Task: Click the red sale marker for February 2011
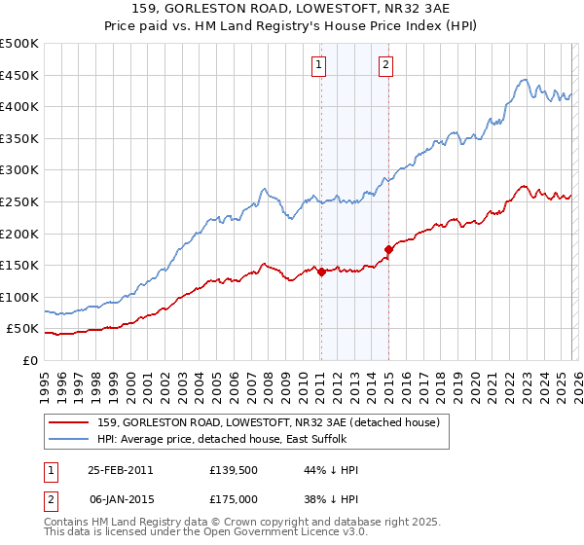(x=321, y=272)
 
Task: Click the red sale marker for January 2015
(x=388, y=249)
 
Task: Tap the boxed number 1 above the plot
(x=319, y=65)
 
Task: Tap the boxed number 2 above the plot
(x=386, y=65)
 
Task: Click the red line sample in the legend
(x=70, y=422)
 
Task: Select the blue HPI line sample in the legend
(x=70, y=439)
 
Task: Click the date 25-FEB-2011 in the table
(x=120, y=469)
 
